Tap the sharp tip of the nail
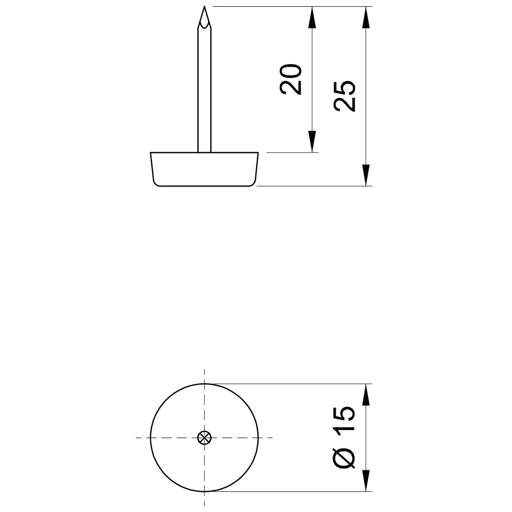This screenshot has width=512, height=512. tap(204, 6)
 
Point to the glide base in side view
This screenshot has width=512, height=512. tap(204, 169)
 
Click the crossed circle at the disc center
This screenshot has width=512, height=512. tap(204, 437)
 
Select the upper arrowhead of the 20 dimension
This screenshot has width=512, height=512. tap(312, 17)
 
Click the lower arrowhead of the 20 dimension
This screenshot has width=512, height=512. tap(312, 141)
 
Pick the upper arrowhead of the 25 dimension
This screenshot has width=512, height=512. tap(366, 17)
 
